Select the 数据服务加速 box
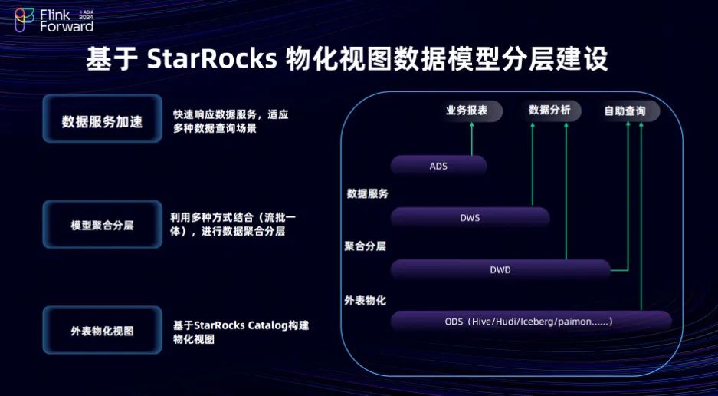coord(102,120)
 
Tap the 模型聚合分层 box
coord(102,225)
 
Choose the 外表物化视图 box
coord(102,331)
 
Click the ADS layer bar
coord(438,166)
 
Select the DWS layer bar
coord(470,217)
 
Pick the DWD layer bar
coord(500,269)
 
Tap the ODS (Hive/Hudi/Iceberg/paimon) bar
coord(530,321)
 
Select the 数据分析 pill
coord(549,111)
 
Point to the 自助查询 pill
coord(625,111)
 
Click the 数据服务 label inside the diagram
coord(368,193)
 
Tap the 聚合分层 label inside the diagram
coord(366,246)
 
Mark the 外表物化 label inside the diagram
coord(366,299)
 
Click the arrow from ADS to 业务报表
coord(472,140)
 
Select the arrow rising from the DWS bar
coord(534,165)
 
